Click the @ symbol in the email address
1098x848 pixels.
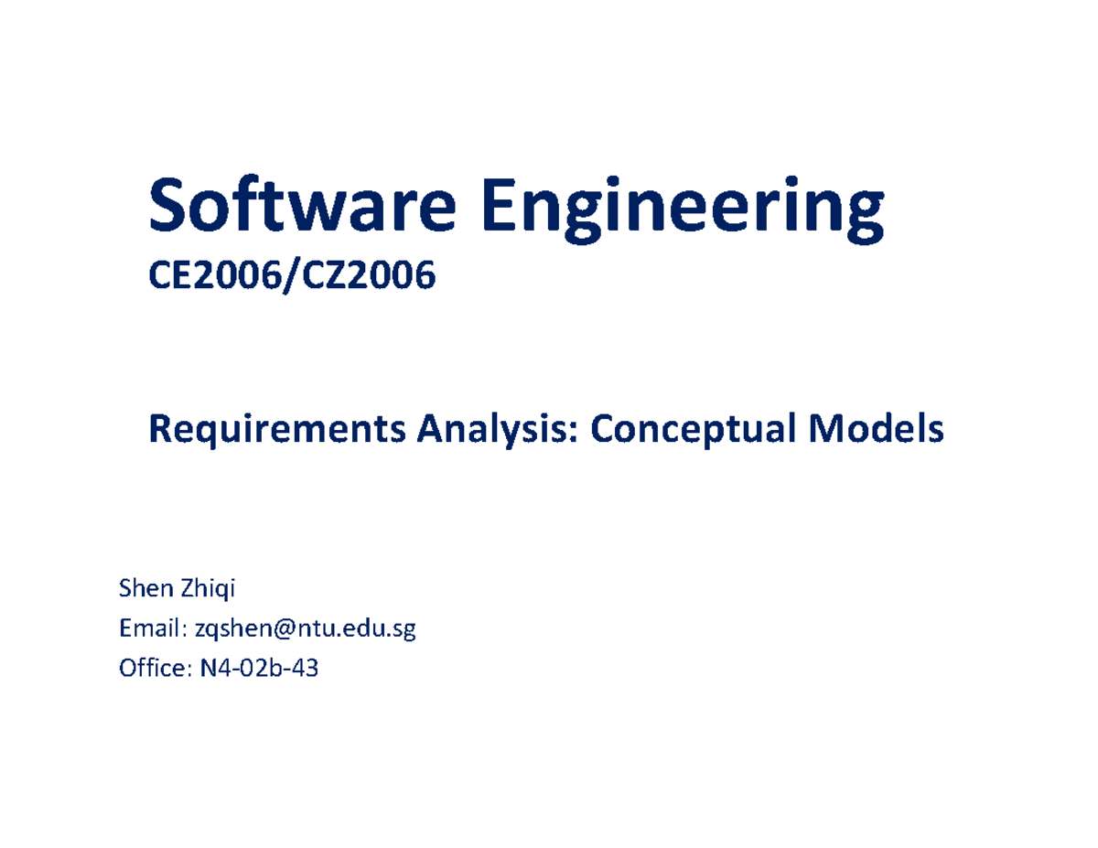pos(287,630)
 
